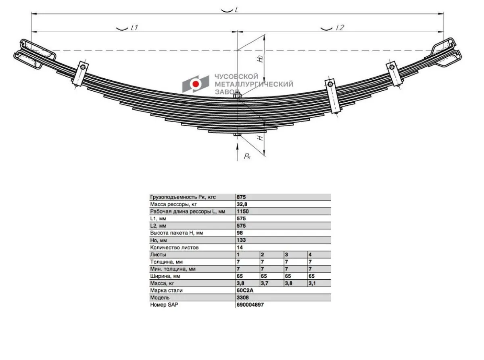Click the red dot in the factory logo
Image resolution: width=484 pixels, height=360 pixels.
(x=196, y=84)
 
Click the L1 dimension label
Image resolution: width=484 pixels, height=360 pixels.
(x=134, y=28)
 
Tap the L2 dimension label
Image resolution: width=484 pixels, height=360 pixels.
(x=340, y=28)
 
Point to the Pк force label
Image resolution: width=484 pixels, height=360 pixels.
(x=247, y=156)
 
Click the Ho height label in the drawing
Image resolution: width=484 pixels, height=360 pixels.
(x=260, y=59)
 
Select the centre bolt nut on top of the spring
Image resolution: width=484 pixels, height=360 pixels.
(x=237, y=96)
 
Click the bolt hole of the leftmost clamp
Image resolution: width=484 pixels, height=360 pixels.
(x=83, y=67)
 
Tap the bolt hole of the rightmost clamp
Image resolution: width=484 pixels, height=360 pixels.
(x=392, y=67)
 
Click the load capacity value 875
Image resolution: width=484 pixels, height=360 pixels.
(x=241, y=197)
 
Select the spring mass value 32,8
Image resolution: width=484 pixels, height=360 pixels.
(x=242, y=204)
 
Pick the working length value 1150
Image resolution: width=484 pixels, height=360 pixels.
(x=243, y=211)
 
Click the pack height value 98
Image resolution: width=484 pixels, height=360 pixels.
(x=240, y=233)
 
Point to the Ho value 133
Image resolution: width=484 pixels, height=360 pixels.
(x=241, y=240)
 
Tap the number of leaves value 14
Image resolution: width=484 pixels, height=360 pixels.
(x=240, y=247)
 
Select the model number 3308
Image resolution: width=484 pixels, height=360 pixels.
(x=243, y=297)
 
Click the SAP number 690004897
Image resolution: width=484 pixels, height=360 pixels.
(x=250, y=305)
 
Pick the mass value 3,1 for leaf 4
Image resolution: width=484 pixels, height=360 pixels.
(x=312, y=283)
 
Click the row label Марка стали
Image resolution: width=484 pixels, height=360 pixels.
(x=166, y=291)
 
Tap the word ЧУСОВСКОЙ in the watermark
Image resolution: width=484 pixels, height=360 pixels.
(x=236, y=76)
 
